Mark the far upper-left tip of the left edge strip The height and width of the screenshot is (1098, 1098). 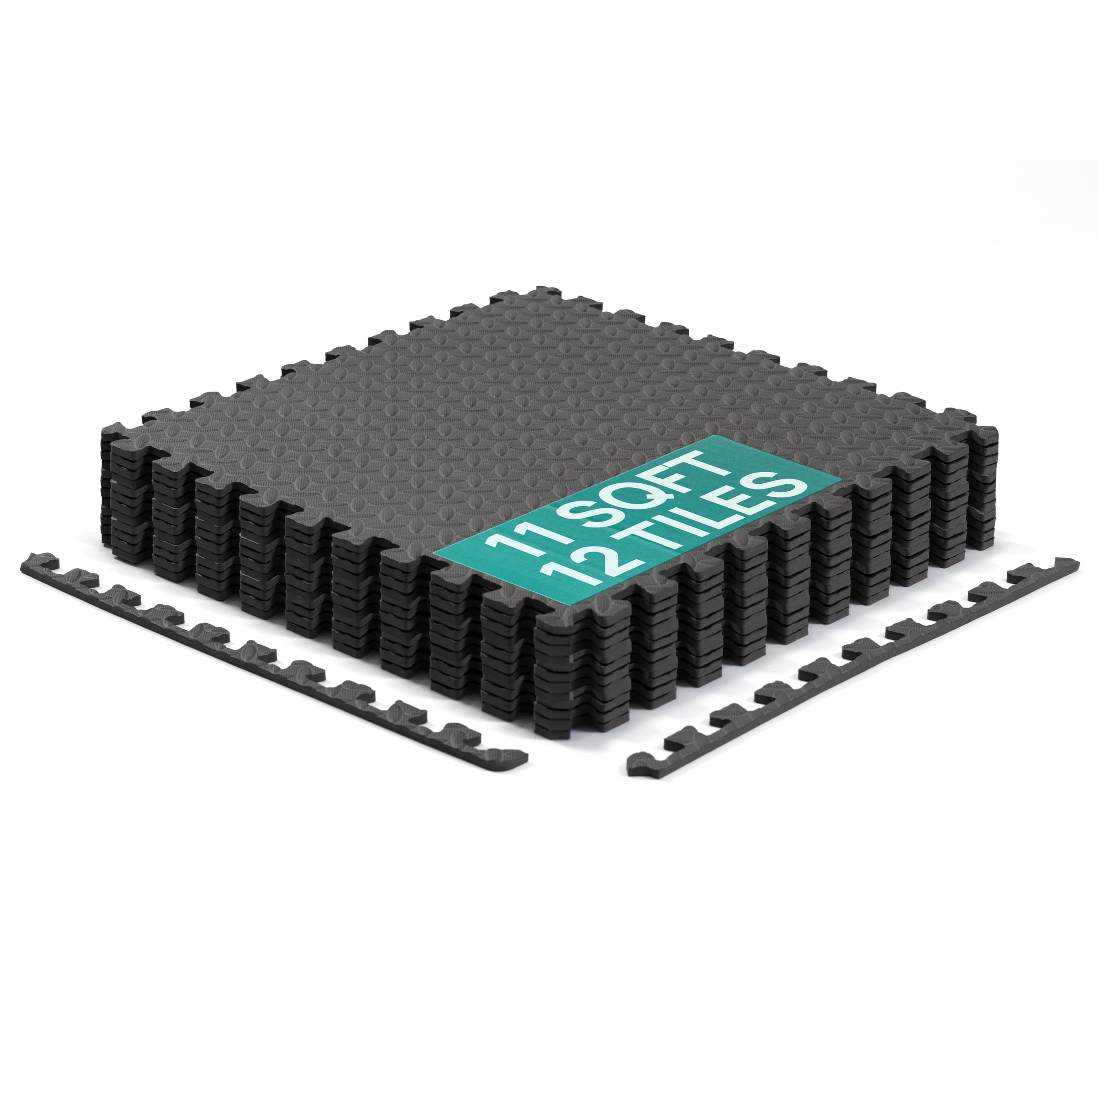click(26, 574)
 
